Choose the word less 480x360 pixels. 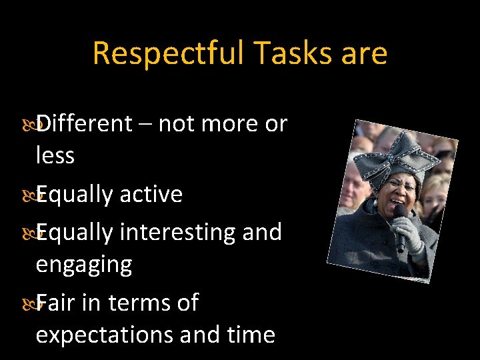(x=55, y=155)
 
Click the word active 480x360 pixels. (x=151, y=194)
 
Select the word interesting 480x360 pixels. (x=176, y=232)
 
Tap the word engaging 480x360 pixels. (x=84, y=265)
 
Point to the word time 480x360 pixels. (x=249, y=334)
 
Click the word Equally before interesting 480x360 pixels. (x=75, y=232)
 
